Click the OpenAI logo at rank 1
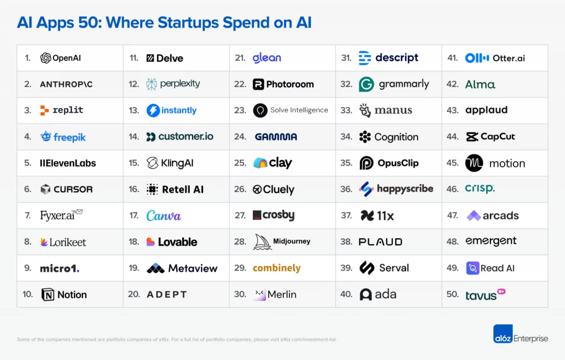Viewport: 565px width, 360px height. pyautogui.click(x=46, y=58)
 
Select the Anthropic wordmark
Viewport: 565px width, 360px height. pyautogui.click(x=66, y=84)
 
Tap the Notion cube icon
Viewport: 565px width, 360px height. pyautogui.click(x=48, y=294)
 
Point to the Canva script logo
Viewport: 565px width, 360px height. pyautogui.click(x=163, y=216)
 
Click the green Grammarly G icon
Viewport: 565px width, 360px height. pyautogui.click(x=366, y=84)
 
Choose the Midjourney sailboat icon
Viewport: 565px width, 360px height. pyautogui.click(x=262, y=242)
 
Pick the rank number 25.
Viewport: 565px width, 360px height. pyautogui.click(x=240, y=163)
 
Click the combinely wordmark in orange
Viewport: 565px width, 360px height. pyautogui.click(x=276, y=268)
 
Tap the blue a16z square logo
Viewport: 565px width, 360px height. pyautogui.click(x=503, y=334)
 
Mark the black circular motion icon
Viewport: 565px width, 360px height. pyautogui.click(x=474, y=163)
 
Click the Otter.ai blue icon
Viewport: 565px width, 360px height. pyautogui.click(x=477, y=58)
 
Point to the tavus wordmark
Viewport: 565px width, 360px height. pyautogui.click(x=481, y=295)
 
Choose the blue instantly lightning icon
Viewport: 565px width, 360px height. pyautogui.click(x=153, y=110)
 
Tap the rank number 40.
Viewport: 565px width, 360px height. pyautogui.click(x=346, y=294)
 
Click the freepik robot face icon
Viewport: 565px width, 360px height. pyautogui.click(x=46, y=137)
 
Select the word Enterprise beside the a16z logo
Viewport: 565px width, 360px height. pyautogui.click(x=531, y=338)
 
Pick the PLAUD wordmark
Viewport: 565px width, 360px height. pyautogui.click(x=380, y=242)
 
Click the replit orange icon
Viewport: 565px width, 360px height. pyautogui.click(x=45, y=110)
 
